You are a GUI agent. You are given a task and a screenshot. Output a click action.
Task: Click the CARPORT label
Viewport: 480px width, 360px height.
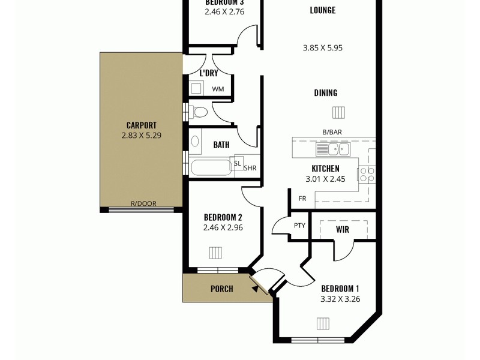(x=141, y=125)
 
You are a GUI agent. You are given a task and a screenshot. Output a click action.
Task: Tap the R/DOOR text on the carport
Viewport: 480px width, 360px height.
(x=143, y=204)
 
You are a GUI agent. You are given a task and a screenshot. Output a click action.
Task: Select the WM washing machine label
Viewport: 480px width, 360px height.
(x=218, y=89)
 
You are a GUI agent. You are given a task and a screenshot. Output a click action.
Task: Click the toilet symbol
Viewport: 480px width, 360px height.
(x=200, y=111)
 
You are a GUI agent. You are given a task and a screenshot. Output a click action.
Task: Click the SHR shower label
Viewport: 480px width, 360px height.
(x=250, y=168)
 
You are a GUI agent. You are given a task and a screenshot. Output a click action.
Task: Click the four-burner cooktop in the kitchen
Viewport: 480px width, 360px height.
(x=367, y=175)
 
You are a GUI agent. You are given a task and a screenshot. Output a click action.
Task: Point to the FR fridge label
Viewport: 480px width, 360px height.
(x=302, y=199)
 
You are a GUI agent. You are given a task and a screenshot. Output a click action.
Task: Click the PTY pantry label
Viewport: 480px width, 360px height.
(x=299, y=226)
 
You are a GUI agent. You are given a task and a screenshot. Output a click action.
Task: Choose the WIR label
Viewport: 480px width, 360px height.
(x=343, y=229)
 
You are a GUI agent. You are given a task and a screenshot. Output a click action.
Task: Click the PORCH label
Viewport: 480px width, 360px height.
(x=221, y=289)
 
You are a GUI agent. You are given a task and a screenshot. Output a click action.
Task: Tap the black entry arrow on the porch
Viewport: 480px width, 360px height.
(x=256, y=290)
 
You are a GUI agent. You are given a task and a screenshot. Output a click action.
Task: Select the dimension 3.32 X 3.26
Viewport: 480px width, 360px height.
(x=341, y=299)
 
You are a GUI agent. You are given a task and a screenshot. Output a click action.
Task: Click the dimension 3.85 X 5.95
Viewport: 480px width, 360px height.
(x=323, y=48)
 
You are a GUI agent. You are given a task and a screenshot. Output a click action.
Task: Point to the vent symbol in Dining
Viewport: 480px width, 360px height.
(x=339, y=112)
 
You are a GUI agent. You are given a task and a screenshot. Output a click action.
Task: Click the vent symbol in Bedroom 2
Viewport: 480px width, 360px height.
(x=216, y=252)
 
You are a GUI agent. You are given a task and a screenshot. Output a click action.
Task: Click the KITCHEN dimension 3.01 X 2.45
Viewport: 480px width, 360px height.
(x=325, y=179)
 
